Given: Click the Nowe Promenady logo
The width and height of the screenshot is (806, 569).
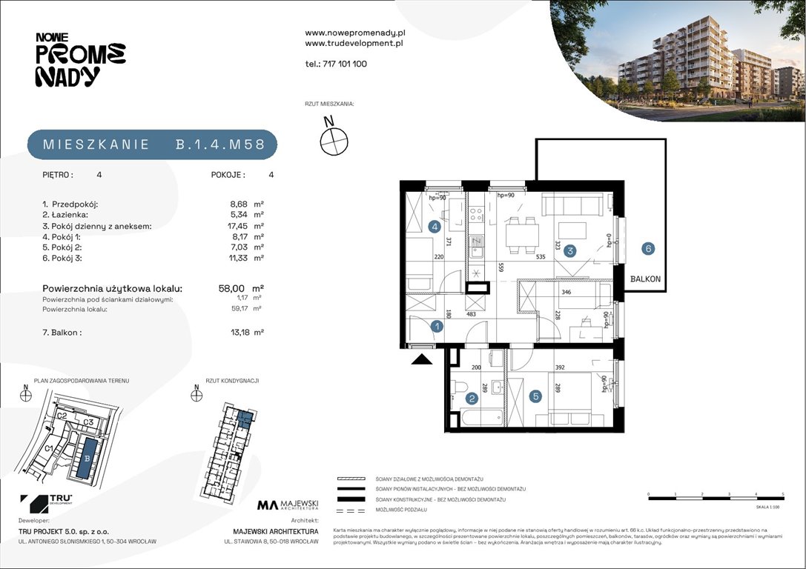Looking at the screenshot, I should pos(80,60).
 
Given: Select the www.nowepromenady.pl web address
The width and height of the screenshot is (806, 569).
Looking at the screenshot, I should pos(354,33).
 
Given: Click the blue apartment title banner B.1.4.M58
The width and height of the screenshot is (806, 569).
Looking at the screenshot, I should pos(152,145).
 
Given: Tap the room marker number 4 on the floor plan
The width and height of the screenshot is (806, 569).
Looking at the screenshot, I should pos(435,227).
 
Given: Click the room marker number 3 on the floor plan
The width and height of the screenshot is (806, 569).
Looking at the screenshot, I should pos(569,251).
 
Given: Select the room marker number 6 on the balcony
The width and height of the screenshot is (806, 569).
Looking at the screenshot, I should pos(648,249).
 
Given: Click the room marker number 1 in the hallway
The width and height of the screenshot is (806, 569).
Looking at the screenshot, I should pos(437,326).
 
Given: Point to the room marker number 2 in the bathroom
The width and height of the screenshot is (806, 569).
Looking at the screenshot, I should pos(470,398).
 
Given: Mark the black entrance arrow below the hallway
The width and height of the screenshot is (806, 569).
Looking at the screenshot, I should pos(421,360).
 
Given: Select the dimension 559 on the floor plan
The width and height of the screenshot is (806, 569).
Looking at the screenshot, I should pos(502,267).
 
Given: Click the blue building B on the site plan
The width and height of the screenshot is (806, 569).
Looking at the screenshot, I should pos(88,457).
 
